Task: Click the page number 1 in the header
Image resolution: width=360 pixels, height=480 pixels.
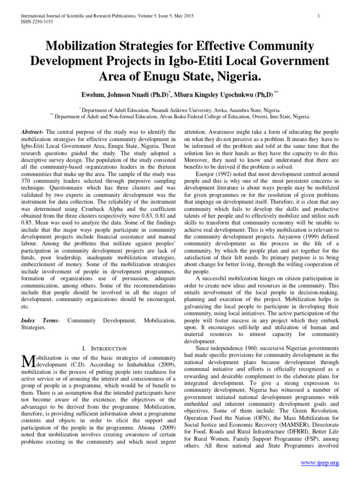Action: [x=318, y=16]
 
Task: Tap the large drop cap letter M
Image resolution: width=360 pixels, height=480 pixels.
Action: [x=29, y=361]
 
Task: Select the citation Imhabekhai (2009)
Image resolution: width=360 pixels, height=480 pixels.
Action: [x=138, y=364]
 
